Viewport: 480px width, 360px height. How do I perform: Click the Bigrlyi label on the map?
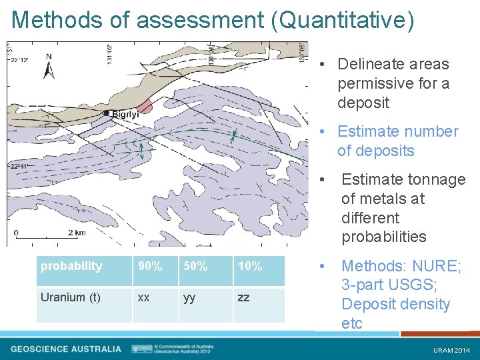(125, 115)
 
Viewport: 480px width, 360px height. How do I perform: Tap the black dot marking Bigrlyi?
(107, 113)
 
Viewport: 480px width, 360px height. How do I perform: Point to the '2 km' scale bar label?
(77, 233)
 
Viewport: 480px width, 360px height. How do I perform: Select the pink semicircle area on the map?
(145, 107)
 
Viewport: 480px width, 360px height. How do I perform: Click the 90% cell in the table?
(150, 267)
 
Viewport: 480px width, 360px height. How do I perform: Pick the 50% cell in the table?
(195, 267)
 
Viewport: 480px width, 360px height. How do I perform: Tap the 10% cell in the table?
(250, 267)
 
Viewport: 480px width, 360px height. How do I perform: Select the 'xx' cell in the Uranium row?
(143, 297)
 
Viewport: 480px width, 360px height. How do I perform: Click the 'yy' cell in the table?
(190, 297)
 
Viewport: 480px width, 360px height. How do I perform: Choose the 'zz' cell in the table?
(244, 297)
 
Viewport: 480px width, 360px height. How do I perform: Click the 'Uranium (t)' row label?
(71, 297)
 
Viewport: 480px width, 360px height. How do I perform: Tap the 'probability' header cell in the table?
(71, 266)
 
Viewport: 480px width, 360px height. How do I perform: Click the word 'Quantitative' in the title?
(343, 20)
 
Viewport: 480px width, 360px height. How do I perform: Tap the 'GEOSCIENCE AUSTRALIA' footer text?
(66, 349)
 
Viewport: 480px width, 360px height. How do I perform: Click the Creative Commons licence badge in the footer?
(142, 349)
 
